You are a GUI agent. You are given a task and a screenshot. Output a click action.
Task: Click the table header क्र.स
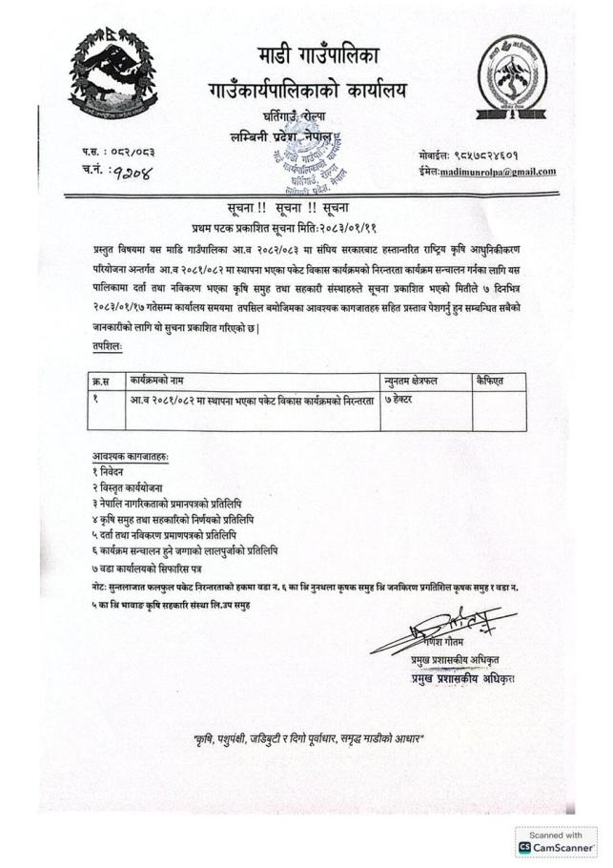tap(99, 381)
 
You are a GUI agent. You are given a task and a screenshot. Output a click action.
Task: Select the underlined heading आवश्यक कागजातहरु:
tap(131, 457)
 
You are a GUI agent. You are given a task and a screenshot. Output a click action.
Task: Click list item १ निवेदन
tap(113, 472)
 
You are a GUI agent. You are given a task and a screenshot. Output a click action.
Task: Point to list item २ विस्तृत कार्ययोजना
tap(132, 487)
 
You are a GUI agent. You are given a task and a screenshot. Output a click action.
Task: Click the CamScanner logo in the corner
tap(557, 846)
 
